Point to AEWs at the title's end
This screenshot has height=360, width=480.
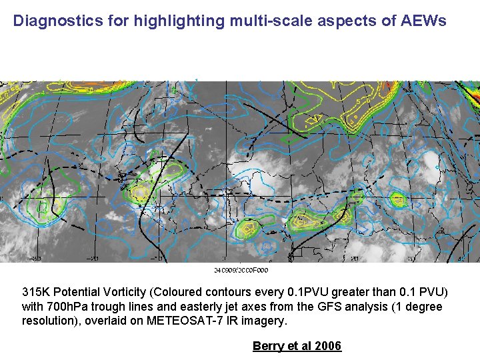(423, 21)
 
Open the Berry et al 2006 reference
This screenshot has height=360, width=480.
(297, 345)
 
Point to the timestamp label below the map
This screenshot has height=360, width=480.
(241, 270)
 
